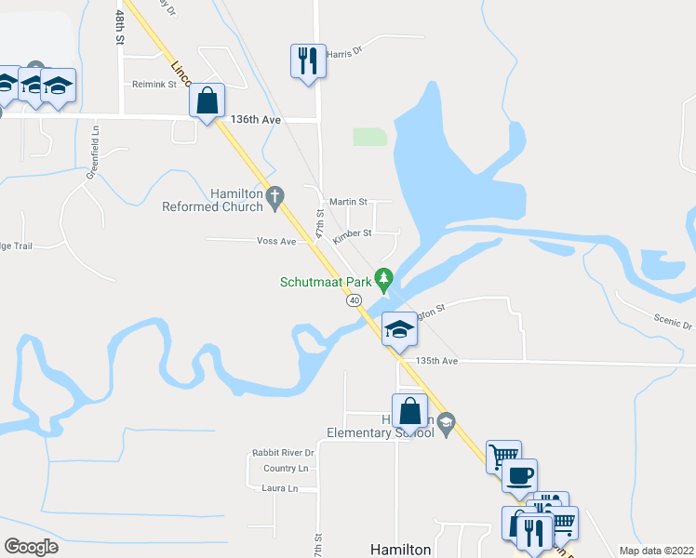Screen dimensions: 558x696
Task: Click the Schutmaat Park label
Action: point(325,282)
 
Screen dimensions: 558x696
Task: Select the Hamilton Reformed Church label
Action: point(212,200)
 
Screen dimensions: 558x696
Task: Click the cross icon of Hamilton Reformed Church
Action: point(274,196)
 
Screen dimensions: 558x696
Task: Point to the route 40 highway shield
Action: point(354,300)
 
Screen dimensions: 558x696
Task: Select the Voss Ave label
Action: point(276,241)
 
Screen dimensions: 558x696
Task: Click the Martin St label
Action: point(349,201)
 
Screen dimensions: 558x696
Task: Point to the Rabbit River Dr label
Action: point(284,453)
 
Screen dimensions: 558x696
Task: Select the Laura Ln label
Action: point(280,488)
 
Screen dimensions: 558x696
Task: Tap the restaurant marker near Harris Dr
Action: point(308,61)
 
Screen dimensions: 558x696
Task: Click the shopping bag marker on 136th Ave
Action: point(207,100)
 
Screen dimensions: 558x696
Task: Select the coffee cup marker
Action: point(520,475)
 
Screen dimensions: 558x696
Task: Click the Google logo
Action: point(31,547)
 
